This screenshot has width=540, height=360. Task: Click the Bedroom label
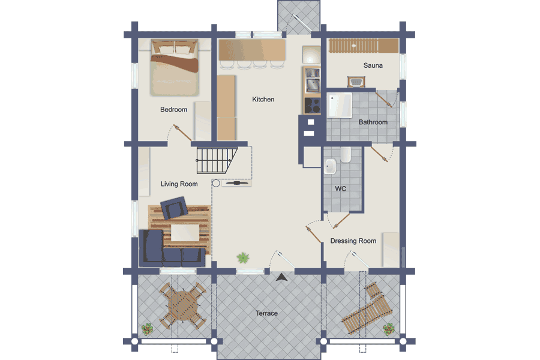pyautogui.click(x=173, y=110)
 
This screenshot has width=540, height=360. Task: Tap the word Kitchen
pyautogui.click(x=263, y=99)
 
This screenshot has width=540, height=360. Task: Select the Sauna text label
pyautogui.click(x=373, y=65)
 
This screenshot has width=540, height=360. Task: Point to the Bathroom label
pyautogui.click(x=373, y=122)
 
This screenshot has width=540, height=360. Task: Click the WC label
pyautogui.click(x=341, y=188)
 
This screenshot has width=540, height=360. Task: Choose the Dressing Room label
pyautogui.click(x=353, y=241)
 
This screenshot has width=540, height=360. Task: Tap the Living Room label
pyautogui.click(x=179, y=184)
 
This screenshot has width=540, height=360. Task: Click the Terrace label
pyautogui.click(x=266, y=313)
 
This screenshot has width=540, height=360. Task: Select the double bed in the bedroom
pyautogui.click(x=175, y=68)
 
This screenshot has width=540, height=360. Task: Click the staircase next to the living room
pyautogui.click(x=216, y=161)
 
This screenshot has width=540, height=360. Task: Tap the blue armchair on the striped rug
pyautogui.click(x=174, y=208)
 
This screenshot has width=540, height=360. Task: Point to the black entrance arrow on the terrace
pyautogui.click(x=282, y=277)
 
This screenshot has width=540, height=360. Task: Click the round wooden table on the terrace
pyautogui.click(x=184, y=305)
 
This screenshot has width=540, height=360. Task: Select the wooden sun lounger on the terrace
pyautogui.click(x=367, y=308)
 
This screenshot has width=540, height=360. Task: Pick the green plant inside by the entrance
pyautogui.click(x=243, y=257)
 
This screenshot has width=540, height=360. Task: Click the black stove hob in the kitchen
pyautogui.click(x=312, y=106)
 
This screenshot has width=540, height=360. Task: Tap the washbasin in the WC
pyautogui.click(x=330, y=166)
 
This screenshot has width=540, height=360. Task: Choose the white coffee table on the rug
pyautogui.click(x=185, y=233)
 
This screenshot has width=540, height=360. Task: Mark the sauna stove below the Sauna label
pyautogui.click(x=356, y=82)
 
